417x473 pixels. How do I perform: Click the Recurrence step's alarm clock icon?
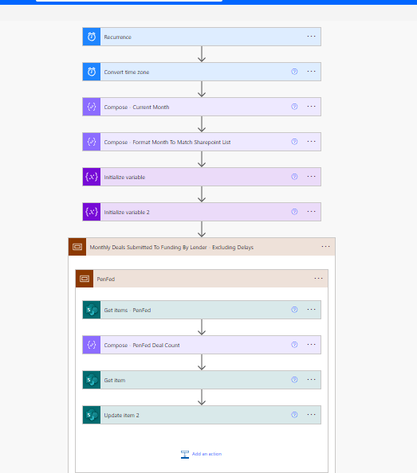(x=92, y=37)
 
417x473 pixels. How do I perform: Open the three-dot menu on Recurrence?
(x=311, y=37)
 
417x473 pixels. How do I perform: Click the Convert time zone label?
(x=126, y=72)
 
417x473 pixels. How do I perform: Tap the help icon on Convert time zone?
(x=294, y=72)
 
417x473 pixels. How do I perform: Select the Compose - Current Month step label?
(x=136, y=107)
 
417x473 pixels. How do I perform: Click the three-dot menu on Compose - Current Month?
(x=311, y=107)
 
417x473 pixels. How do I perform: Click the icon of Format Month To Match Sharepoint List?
(x=92, y=142)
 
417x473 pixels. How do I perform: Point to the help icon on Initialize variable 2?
(x=294, y=212)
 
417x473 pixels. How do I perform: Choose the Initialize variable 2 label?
(x=126, y=212)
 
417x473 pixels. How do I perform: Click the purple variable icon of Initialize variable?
(x=92, y=177)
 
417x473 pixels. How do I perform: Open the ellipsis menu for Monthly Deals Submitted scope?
(x=325, y=247)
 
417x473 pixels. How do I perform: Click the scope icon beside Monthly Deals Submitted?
(x=77, y=247)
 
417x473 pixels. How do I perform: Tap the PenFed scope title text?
(x=106, y=279)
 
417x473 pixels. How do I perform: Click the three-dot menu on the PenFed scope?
(x=318, y=279)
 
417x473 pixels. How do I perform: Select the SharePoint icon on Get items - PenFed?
(x=92, y=310)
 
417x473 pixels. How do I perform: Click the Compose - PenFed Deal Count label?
(x=143, y=345)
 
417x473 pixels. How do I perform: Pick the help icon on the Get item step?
(x=294, y=380)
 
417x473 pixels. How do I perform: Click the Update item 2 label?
(x=121, y=415)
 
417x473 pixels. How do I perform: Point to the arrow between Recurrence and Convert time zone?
(x=202, y=54)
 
